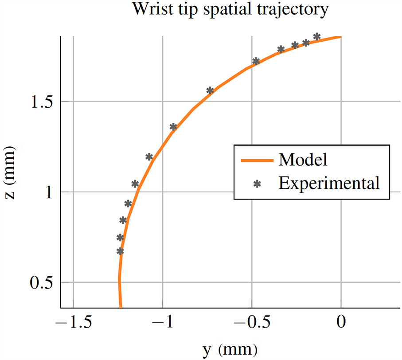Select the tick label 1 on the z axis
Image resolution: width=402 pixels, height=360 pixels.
tap(47, 192)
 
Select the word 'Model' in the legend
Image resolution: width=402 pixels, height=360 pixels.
tap(303, 159)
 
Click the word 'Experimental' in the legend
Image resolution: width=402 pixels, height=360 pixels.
tap(329, 182)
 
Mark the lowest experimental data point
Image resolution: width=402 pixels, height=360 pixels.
tap(120, 251)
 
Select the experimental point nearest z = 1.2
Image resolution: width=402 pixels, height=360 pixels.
tap(149, 157)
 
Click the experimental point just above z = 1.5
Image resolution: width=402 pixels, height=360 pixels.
tap(210, 90)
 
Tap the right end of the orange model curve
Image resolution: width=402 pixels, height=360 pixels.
tap(340, 37)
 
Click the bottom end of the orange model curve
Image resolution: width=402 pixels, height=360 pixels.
tap(120, 307)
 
